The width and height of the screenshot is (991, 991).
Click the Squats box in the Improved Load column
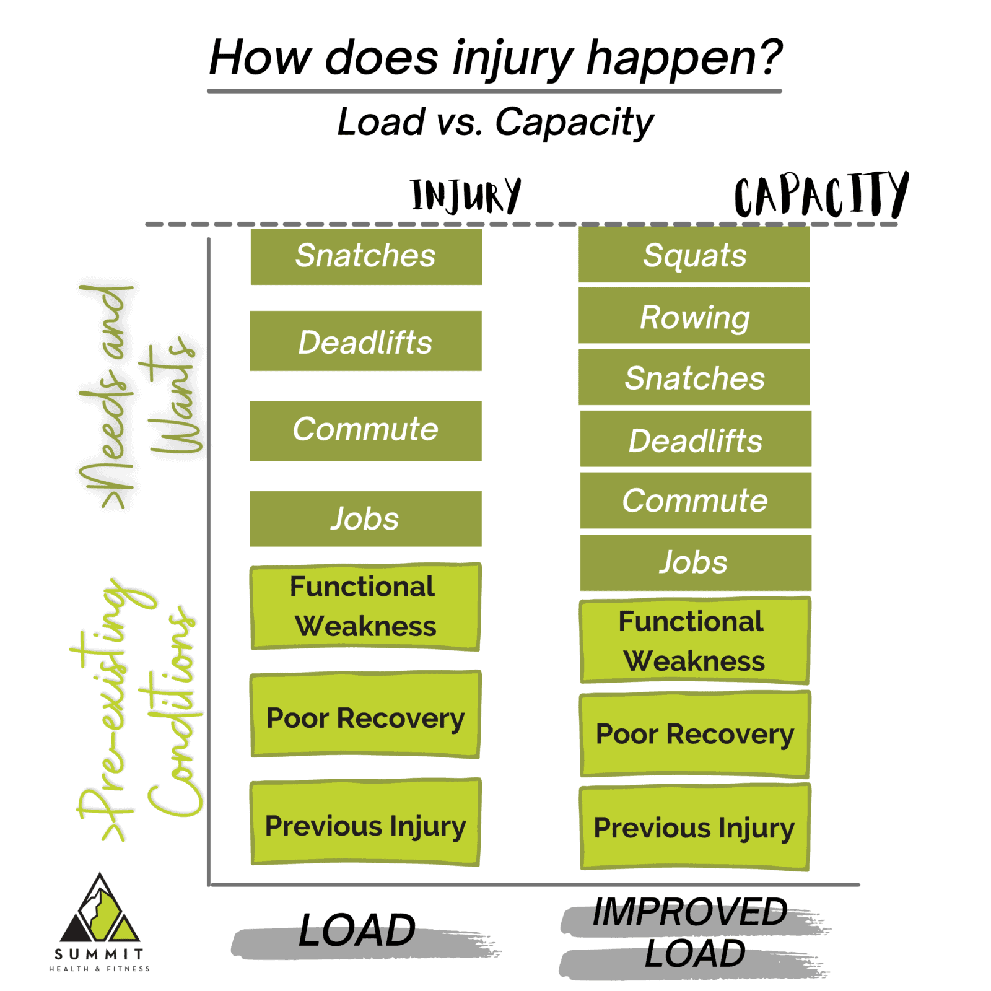click(x=694, y=255)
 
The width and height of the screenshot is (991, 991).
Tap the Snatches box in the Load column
click(x=365, y=256)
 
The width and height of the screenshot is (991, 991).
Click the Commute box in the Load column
click(x=365, y=430)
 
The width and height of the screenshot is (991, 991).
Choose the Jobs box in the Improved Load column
click(x=695, y=562)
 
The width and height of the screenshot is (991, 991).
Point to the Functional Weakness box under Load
click(x=365, y=606)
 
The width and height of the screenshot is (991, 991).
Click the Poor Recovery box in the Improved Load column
click(x=695, y=734)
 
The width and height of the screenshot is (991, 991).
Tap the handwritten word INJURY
click(x=466, y=196)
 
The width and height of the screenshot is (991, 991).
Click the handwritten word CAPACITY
click(x=820, y=196)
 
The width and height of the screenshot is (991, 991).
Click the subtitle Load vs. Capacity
click(x=495, y=121)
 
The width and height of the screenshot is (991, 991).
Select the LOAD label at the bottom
click(x=357, y=930)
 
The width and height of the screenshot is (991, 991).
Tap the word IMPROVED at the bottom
click(x=689, y=912)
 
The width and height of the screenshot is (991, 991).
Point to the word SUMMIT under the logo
click(x=99, y=954)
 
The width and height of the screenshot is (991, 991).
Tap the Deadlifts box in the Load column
click(x=365, y=341)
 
